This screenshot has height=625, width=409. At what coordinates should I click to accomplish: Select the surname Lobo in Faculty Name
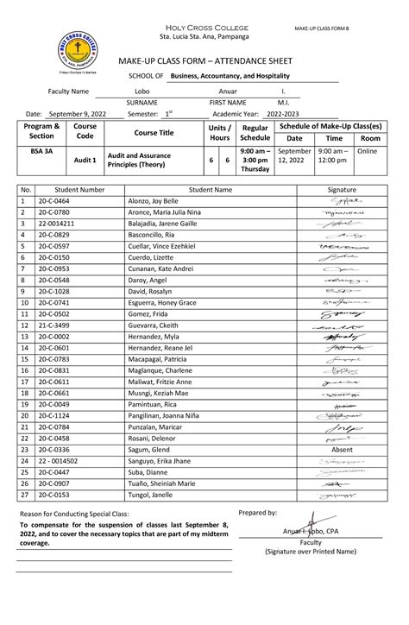click(142, 91)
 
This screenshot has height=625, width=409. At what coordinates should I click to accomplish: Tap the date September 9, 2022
click(78, 114)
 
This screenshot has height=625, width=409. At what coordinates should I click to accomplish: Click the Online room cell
click(368, 150)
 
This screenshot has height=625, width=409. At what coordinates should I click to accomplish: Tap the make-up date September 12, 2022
click(295, 155)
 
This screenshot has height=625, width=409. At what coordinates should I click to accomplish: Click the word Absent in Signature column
click(343, 450)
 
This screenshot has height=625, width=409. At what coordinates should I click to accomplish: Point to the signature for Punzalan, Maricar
click(343, 426)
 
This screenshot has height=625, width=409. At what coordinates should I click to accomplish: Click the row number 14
click(26, 347)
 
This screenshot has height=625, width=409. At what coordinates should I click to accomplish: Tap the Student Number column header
click(79, 188)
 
